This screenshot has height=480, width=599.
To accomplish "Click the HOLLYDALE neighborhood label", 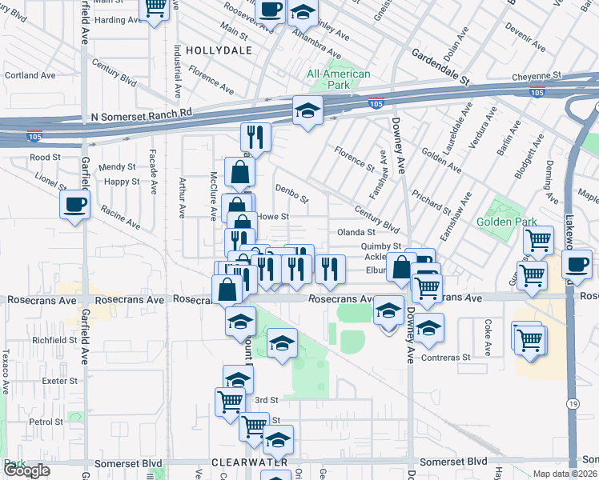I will point(219,50).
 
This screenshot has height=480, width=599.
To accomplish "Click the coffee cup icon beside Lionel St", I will point(75,204).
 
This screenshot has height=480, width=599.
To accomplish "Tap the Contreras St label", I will point(467,358).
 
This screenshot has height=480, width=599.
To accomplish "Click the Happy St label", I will point(122,182).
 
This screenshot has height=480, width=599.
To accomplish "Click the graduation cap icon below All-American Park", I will point(307,111).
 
